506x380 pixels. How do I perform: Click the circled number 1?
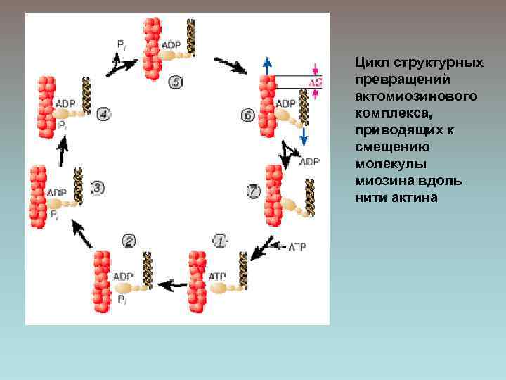220,241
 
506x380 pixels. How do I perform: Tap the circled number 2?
129,241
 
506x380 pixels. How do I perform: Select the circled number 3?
98,188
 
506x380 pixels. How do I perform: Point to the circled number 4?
104,113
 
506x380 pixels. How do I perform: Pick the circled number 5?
175,83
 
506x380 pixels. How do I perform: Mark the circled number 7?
254,190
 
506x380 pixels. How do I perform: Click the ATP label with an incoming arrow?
298,246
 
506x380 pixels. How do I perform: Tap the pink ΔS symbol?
316,83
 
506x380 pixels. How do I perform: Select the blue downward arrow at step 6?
304,136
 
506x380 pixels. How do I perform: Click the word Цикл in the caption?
370,63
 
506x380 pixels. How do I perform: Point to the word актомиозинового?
408,94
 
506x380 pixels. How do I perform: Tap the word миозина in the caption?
384,182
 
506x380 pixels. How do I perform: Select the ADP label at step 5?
171,45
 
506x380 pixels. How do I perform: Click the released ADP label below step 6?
309,162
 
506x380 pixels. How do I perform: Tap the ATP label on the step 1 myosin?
217,276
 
